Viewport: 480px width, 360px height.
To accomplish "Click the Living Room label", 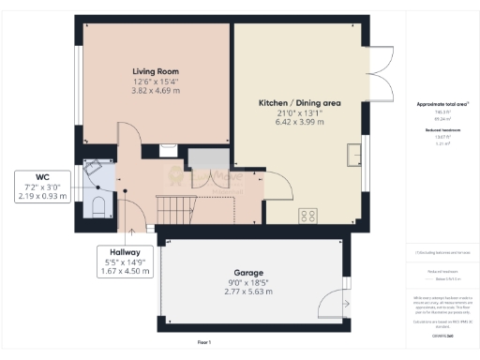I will (x=155, y=71).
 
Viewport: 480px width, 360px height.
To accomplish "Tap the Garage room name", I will (x=248, y=273).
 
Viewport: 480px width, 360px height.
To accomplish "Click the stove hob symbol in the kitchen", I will (x=307, y=217).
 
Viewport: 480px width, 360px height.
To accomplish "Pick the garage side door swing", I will (x=330, y=304).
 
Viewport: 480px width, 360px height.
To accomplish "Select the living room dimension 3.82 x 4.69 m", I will (x=155, y=91).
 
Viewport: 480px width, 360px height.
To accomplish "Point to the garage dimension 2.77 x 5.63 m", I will (x=248, y=292).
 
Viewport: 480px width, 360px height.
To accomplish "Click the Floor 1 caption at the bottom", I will (x=204, y=343).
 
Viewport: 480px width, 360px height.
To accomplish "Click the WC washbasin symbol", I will (x=92, y=169).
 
